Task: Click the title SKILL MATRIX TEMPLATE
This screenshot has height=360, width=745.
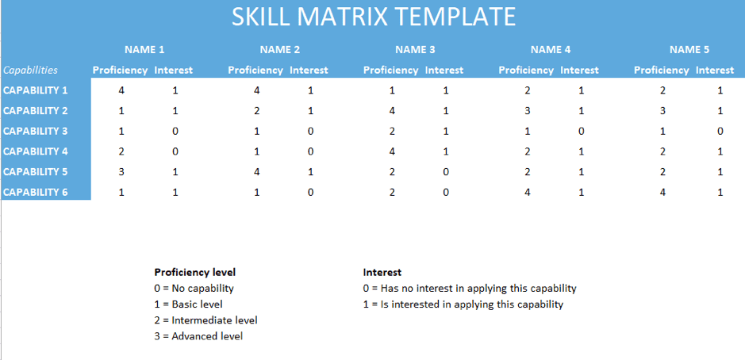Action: point(374,17)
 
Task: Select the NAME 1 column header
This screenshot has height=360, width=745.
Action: point(144,49)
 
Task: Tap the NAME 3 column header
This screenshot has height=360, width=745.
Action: point(415,49)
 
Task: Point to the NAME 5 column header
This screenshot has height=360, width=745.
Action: point(689,49)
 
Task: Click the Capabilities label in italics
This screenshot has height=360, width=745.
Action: point(30,71)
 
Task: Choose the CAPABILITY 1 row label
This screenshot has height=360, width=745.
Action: point(36,90)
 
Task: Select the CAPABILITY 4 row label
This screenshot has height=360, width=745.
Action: point(36,151)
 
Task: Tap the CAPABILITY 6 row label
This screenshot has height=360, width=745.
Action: point(36,193)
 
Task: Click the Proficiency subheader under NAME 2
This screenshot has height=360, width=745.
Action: point(255,71)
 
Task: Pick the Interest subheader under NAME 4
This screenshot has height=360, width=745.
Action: point(580,71)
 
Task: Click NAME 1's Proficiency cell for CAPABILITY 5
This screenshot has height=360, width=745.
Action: point(121,172)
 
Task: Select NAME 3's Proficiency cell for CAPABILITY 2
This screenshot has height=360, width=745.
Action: point(392,111)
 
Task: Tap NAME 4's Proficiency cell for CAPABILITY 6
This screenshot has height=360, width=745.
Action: point(528,193)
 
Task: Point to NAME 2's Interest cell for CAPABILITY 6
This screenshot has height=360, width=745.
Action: point(310,193)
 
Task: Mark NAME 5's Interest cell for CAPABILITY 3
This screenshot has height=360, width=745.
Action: point(720,131)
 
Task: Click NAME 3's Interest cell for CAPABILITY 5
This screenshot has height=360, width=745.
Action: point(446,172)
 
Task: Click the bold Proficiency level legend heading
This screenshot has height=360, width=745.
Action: point(195,273)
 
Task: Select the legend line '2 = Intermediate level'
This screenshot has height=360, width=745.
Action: point(205,320)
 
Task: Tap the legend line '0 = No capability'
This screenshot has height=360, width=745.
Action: point(194,289)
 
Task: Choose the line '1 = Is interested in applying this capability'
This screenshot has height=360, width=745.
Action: point(463,304)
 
